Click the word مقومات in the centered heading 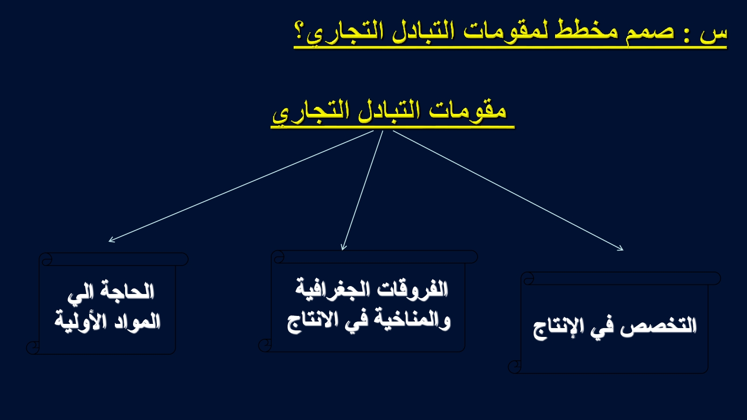[467, 111]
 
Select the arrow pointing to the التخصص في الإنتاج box [508, 190]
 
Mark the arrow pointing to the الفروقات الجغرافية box [362, 190]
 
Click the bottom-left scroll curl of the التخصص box [514, 367]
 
